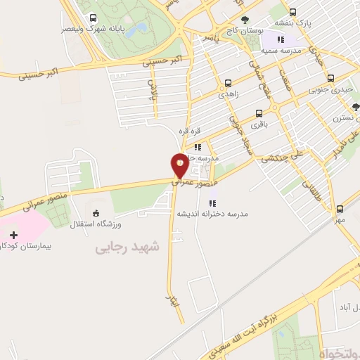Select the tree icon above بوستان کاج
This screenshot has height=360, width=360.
click(245, 20)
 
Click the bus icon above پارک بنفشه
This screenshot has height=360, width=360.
click(292, 11)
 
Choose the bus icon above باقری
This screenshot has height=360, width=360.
click(259, 113)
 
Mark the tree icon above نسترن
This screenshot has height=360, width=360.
click(355, 108)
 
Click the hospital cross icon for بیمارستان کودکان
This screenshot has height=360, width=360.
click(14, 234)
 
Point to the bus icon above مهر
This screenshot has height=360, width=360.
click(340, 208)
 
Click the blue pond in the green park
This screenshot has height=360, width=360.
click(142, 29)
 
